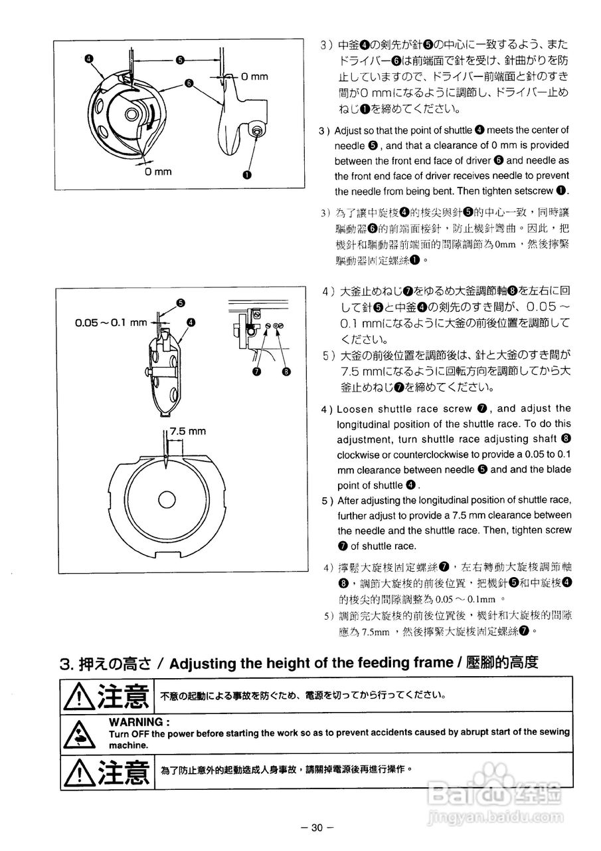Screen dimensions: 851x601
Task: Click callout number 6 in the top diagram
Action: click(x=189, y=84)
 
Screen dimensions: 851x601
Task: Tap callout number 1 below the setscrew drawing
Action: click(x=248, y=176)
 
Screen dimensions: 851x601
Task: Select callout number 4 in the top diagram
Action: click(x=88, y=59)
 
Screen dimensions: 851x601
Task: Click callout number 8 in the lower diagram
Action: click(x=286, y=372)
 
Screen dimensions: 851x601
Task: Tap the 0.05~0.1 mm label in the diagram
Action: click(x=111, y=322)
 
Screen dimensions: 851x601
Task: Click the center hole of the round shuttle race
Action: click(x=163, y=497)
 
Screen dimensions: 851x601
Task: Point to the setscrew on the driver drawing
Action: click(x=256, y=133)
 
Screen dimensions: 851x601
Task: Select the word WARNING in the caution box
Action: click(x=139, y=721)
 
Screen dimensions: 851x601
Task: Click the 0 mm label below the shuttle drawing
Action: click(x=159, y=172)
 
